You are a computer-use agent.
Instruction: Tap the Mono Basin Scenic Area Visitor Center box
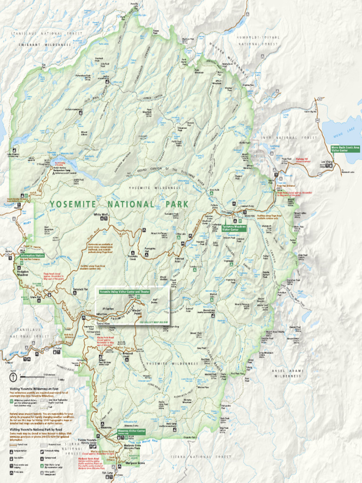point(345,149)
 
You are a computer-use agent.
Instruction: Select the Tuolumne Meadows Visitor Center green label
point(233,228)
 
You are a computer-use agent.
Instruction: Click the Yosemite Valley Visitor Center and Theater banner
point(120,292)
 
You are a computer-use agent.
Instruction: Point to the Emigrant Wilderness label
point(45,44)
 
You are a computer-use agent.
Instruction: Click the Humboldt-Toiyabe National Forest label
point(258,40)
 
